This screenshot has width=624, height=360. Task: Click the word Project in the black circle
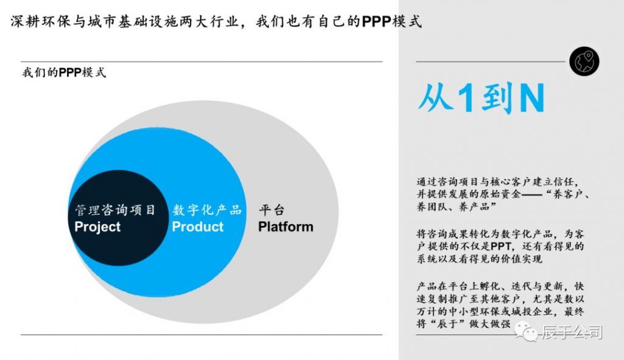[97, 227]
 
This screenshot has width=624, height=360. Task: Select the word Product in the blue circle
[198, 227]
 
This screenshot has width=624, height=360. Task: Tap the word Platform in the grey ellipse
[286, 227]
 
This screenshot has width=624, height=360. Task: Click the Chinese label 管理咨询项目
[115, 210]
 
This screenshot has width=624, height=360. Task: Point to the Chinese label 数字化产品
[207, 210]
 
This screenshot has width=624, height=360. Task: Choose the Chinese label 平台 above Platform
[271, 210]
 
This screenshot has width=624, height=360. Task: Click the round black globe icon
[584, 62]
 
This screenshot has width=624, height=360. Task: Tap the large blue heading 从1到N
[481, 98]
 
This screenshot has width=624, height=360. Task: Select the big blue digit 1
[466, 98]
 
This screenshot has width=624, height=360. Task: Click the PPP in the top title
[377, 21]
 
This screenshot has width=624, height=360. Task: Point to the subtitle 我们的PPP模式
[64, 72]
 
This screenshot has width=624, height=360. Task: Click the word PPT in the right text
[501, 246]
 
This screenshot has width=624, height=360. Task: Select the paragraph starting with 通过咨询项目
[503, 194]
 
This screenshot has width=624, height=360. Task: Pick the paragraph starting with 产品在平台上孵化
[500, 305]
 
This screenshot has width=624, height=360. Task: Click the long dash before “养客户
[531, 195]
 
